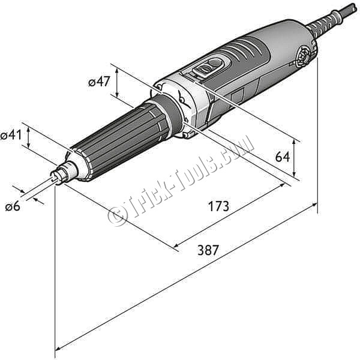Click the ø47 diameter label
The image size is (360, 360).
coord(99,81)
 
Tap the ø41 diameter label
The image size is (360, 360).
coord(11,134)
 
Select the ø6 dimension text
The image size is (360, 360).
coord(13,206)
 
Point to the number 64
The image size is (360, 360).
coord(283,157)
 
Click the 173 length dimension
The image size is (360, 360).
coord(218,206)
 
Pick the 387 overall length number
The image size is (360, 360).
coord(208,250)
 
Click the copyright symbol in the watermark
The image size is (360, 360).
coord(118,215)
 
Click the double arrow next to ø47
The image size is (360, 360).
coord(117,83)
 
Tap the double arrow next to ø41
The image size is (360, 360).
coord(28,138)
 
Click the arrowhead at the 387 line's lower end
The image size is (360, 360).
coord(58,349)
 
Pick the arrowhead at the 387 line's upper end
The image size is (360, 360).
coord(314,205)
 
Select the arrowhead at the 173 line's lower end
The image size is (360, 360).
coord(176,245)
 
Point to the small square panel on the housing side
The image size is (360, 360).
coord(237,95)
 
